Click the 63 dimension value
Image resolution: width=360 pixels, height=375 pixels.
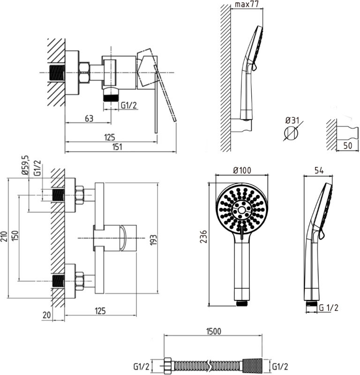[89, 119]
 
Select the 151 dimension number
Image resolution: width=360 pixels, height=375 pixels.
[117, 147]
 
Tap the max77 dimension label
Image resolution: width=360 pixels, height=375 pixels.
[247, 4]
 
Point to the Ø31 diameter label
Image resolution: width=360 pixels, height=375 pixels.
[292, 120]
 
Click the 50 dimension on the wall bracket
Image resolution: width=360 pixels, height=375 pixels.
[348, 145]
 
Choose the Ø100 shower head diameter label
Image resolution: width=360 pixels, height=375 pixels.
[242, 170]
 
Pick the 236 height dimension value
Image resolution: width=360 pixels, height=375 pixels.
[203, 237]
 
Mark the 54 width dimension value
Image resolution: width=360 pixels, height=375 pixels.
[319, 171]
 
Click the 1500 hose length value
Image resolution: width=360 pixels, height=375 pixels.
[214, 331]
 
